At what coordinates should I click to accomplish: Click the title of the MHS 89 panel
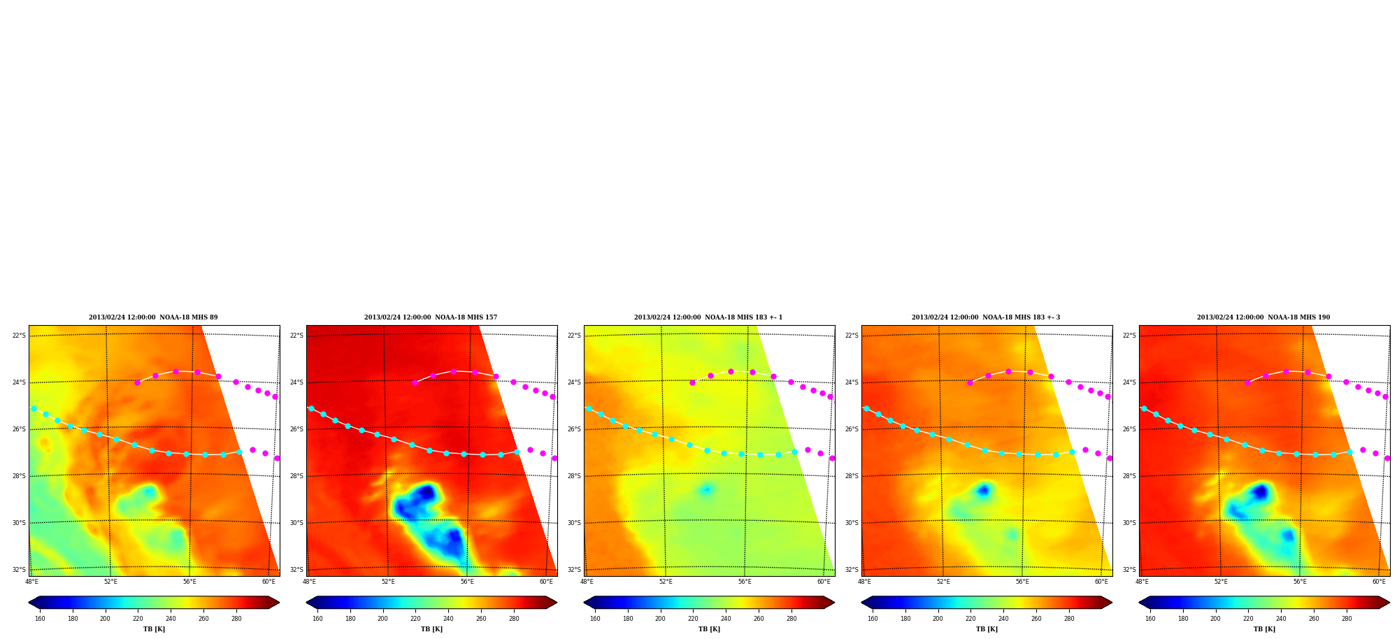[x=153, y=317]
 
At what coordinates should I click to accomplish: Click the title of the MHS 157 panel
[x=431, y=317]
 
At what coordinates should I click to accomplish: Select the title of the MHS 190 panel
[x=1263, y=317]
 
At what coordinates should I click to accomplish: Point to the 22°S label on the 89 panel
[x=19, y=336]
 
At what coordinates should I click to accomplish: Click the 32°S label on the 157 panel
[x=296, y=570]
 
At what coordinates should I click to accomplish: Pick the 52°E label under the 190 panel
[x=1221, y=582]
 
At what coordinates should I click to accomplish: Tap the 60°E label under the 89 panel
[x=268, y=582]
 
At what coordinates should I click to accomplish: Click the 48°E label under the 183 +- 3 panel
[x=864, y=582]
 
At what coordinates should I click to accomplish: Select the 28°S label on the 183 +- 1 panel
[x=574, y=476]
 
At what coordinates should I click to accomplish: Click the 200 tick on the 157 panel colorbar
[x=382, y=619]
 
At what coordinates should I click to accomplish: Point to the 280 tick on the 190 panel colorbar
[x=1347, y=619]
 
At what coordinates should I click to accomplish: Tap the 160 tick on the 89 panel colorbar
[x=40, y=619]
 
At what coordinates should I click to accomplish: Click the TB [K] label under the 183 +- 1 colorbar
[x=709, y=629]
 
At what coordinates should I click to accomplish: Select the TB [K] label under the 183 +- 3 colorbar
[x=987, y=629]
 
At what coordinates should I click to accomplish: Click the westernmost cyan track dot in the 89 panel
[x=34, y=408]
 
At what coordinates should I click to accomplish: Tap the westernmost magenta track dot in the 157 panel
[x=415, y=382]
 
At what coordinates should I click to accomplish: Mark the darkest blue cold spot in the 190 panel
[x=1260, y=492]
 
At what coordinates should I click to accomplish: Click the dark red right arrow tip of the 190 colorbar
[x=1389, y=602]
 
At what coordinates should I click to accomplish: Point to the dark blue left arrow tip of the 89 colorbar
[x=29, y=602]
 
